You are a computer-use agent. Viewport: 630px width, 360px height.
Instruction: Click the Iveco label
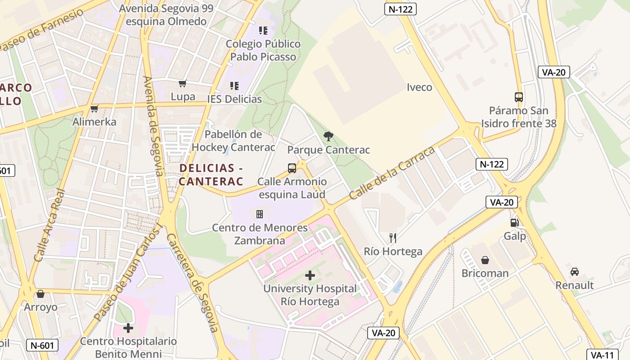tap(419, 87)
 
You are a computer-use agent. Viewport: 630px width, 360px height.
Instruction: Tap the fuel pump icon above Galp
tap(514, 222)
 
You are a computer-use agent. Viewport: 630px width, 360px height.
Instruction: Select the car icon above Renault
tap(574, 272)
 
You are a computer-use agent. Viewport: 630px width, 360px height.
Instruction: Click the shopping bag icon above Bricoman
tap(485, 260)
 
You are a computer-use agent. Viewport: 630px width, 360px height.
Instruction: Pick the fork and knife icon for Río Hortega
tap(393, 238)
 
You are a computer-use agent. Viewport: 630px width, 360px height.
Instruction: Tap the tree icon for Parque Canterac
tap(328, 136)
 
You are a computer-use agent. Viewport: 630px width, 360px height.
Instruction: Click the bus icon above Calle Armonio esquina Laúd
tap(292, 168)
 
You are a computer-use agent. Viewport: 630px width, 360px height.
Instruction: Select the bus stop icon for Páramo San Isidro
tap(518, 97)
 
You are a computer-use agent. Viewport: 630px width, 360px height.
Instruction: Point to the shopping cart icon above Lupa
tap(183, 83)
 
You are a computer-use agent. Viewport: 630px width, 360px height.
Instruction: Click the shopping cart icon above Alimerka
tap(94, 108)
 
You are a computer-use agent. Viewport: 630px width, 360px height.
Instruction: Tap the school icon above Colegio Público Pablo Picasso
tap(263, 31)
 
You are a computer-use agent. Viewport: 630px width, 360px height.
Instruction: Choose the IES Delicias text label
tap(234, 99)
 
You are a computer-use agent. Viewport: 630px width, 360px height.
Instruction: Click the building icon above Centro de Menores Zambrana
tap(260, 214)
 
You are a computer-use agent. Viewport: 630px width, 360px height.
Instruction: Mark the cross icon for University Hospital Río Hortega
tap(310, 275)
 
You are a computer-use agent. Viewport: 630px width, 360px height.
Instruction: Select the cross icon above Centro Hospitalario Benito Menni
tap(128, 328)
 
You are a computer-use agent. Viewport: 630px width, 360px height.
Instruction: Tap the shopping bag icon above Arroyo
tap(40, 294)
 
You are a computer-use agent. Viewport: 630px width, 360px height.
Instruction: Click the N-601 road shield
tap(43, 345)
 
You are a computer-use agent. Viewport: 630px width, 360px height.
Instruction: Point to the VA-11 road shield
tap(602, 355)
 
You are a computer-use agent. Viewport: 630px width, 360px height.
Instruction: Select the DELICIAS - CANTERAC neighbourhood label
tap(211, 175)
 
